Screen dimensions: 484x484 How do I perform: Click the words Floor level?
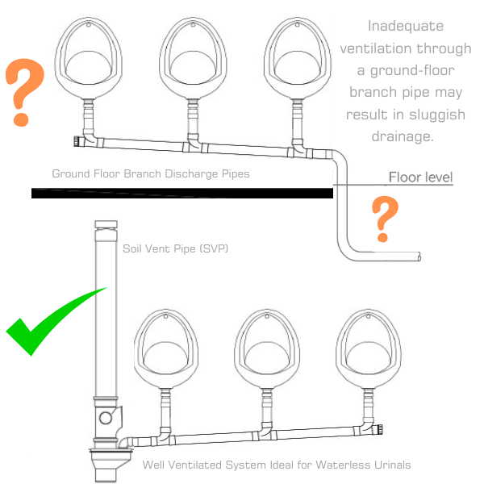pos(420,177)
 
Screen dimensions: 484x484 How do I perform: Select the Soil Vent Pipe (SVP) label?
pos(176,248)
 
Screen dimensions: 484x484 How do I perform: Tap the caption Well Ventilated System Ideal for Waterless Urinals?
pos(277,465)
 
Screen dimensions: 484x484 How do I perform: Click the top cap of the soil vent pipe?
pos(107,226)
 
